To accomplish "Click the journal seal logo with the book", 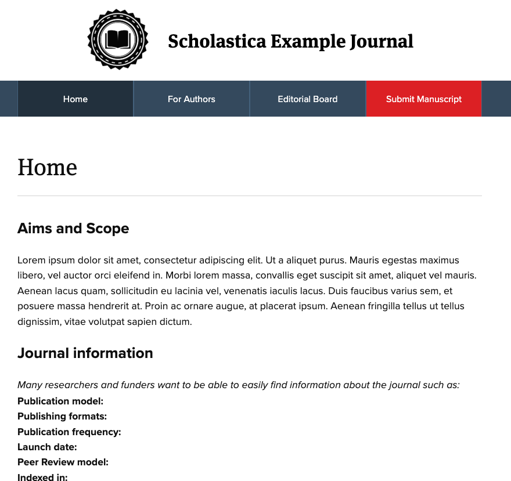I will tap(118, 39).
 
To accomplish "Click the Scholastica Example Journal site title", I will tap(290, 41).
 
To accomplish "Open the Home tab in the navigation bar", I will tap(75, 99).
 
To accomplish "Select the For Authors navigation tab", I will tap(192, 99).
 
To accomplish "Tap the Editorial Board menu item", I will tap(308, 99).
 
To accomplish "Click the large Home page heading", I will tap(47, 168).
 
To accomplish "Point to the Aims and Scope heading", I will tap(73, 229).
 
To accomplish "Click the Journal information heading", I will tap(85, 353).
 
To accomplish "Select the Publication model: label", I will tap(60, 401).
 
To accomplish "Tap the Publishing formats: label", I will tap(62, 416).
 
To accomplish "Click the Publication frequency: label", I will tap(69, 432).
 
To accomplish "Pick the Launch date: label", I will tap(47, 447).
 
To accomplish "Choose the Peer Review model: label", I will tap(63, 462).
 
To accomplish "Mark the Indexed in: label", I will tap(42, 478).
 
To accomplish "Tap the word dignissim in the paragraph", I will tap(38, 321).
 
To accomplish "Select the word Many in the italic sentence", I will tap(28, 385).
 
